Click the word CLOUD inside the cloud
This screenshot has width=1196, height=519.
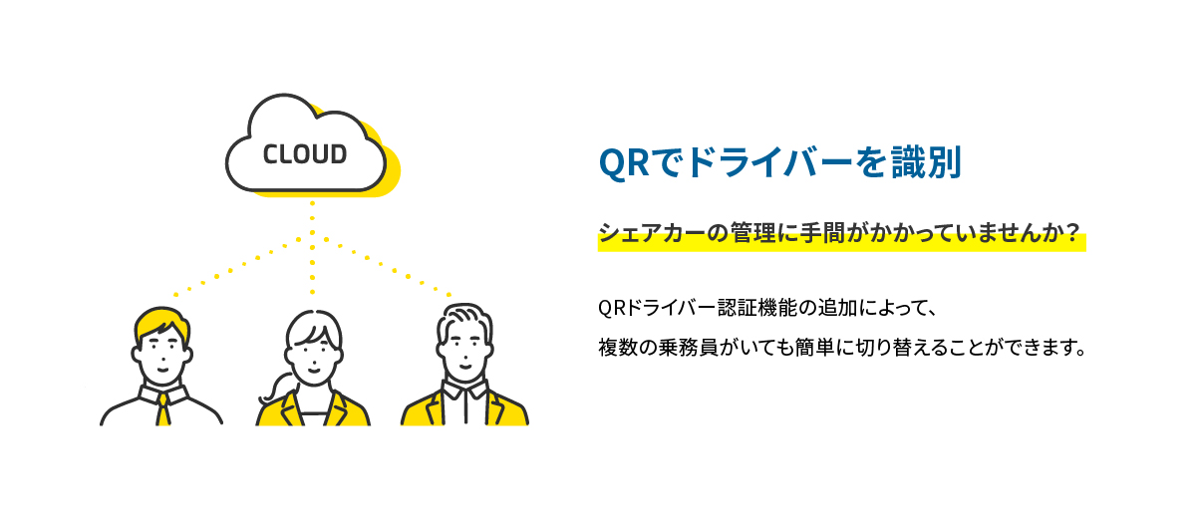305,155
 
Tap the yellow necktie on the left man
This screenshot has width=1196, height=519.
162,409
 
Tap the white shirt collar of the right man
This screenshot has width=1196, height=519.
463,389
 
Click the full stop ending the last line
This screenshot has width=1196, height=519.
1079,356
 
